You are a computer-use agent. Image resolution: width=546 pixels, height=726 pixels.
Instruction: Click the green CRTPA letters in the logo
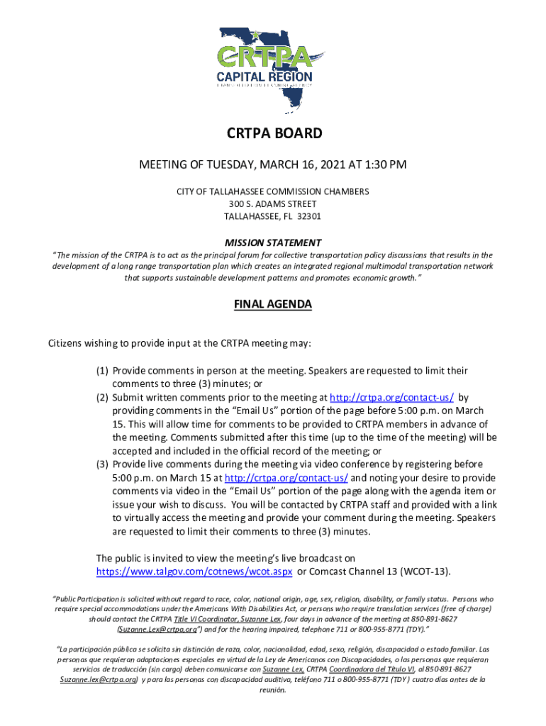pos(274,56)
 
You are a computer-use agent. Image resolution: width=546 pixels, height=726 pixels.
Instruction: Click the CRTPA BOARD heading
pos(274,133)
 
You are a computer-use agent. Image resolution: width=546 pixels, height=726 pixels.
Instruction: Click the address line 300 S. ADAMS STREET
pos(274,204)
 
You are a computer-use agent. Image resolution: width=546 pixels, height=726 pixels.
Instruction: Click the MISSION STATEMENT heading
pos(274,242)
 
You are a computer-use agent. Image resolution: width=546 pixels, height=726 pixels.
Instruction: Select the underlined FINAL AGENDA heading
pos(273,305)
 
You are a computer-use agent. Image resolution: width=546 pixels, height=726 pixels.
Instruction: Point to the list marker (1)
pos(102,371)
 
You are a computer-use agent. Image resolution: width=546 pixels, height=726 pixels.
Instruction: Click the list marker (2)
pos(102,398)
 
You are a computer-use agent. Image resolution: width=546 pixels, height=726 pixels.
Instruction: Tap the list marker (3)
pos(102,464)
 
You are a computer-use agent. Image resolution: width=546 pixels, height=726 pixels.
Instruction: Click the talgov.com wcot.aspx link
pos(194,571)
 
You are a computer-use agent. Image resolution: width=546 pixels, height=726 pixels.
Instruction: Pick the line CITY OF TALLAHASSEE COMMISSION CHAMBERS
pos(274,192)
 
